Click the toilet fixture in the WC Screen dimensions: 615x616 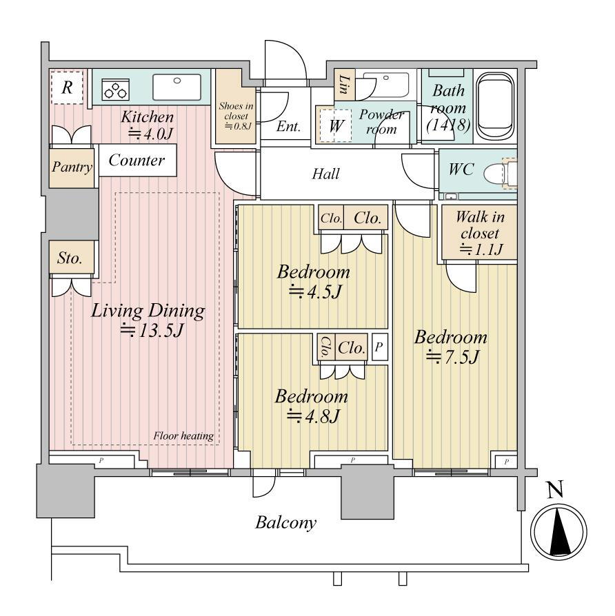pyautogui.click(x=500, y=173)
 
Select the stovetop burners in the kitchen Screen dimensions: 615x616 pyautogui.click(x=116, y=90)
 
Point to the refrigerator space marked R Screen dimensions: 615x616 pyautogui.click(x=67, y=88)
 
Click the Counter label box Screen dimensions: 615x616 pyautogui.click(x=137, y=161)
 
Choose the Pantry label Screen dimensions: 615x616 pyautogui.click(x=72, y=167)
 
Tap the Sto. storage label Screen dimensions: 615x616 pyautogui.click(x=70, y=258)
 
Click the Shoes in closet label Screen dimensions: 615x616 pyautogui.click(x=236, y=116)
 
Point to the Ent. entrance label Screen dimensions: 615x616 pyautogui.click(x=288, y=126)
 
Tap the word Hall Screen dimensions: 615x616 pyautogui.click(x=325, y=174)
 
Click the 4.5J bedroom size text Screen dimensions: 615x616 pyautogui.click(x=315, y=292)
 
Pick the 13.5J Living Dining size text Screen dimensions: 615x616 pyautogui.click(x=152, y=330)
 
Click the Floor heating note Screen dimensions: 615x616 pyautogui.click(x=183, y=435)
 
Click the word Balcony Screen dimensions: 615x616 pyautogui.click(x=286, y=523)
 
